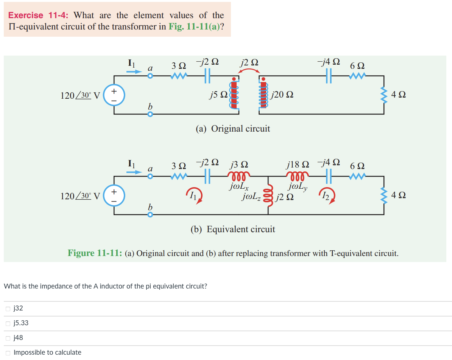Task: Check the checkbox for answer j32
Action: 8,309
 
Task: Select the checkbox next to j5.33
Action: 8,323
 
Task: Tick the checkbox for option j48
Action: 8,338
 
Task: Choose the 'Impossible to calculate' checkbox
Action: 8,353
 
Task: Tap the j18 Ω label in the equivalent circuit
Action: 298,164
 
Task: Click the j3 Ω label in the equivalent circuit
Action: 239,165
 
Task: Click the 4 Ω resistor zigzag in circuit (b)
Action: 384,195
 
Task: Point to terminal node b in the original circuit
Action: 150,114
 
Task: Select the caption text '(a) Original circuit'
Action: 233,129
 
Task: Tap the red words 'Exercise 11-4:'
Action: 38,16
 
